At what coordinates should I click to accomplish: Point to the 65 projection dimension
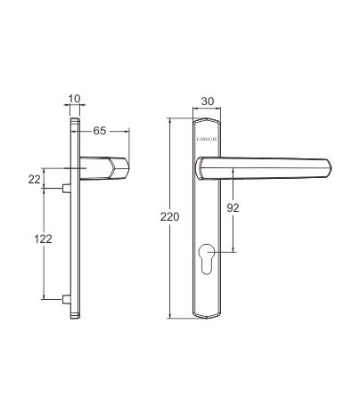100,131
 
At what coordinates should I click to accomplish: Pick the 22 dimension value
34,179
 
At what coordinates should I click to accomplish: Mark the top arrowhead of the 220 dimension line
173,119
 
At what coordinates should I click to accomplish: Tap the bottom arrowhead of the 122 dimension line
42,298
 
